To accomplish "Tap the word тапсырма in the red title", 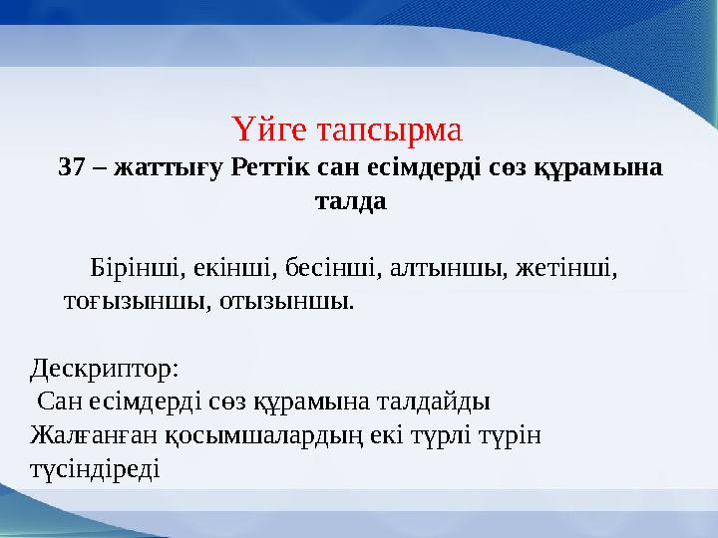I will point(389,131).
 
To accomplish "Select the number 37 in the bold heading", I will point(72,166).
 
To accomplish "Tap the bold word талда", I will point(351,200).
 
